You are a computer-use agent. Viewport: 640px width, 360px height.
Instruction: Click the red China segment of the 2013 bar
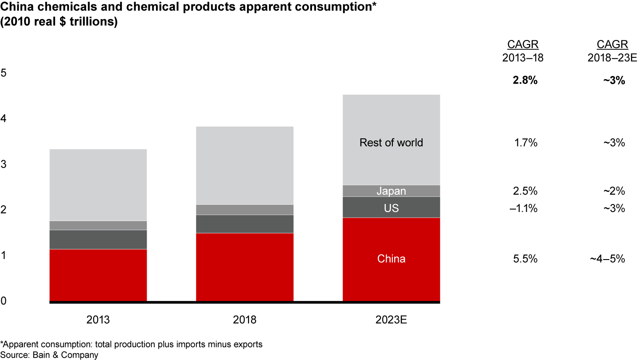pyautogui.click(x=98, y=275)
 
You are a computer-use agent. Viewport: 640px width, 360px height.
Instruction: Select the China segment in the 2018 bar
pyautogui.click(x=244, y=267)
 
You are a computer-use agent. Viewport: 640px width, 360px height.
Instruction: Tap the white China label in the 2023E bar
pyautogui.click(x=391, y=259)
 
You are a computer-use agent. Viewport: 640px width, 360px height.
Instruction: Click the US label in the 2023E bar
pyautogui.click(x=391, y=208)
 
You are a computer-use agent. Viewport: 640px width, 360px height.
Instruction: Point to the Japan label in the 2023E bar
pyautogui.click(x=391, y=191)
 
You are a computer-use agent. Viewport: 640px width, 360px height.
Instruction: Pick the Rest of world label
pyautogui.click(x=391, y=143)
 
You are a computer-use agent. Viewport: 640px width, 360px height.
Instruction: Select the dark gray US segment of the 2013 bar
pyautogui.click(x=98, y=240)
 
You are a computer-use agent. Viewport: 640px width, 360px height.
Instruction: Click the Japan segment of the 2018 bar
pyautogui.click(x=244, y=210)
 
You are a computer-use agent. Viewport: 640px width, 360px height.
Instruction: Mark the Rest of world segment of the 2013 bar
pyautogui.click(x=98, y=185)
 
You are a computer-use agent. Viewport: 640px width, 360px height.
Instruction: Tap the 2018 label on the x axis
pyautogui.click(x=244, y=320)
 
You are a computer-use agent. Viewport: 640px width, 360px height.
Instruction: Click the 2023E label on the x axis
pyautogui.click(x=391, y=320)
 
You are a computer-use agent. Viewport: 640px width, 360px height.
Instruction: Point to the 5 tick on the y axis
pyautogui.click(x=4, y=73)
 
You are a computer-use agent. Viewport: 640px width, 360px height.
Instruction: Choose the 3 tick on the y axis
pyautogui.click(x=4, y=164)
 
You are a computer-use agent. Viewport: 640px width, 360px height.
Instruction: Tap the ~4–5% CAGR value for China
pyautogui.click(x=608, y=259)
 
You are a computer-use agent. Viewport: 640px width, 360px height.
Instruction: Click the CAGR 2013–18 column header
pyautogui.click(x=523, y=51)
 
